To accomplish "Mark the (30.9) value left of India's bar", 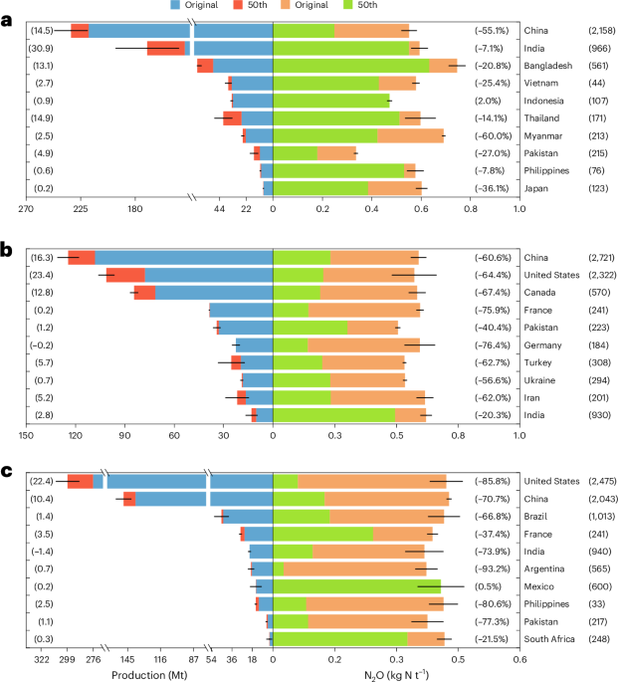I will point(42,48).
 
